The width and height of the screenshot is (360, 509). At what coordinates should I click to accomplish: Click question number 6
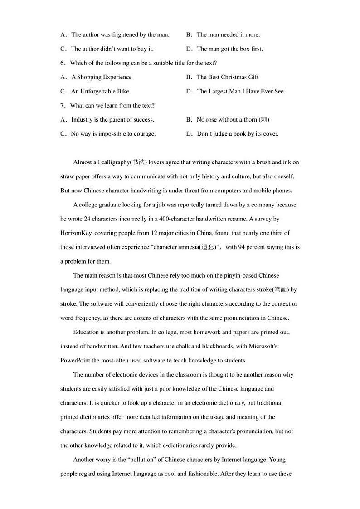click(x=63, y=63)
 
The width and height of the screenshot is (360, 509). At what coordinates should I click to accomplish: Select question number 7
click(x=63, y=106)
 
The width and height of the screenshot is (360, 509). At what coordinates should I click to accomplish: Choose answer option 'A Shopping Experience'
click(x=102, y=77)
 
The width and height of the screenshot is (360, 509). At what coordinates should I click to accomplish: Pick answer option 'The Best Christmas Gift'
click(x=228, y=77)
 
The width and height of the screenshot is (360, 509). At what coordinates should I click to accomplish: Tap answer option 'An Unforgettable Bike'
click(x=100, y=91)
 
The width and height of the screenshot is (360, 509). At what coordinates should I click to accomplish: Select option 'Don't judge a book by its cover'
click(x=238, y=134)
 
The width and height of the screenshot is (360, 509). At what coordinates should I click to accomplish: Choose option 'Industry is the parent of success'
click(x=112, y=120)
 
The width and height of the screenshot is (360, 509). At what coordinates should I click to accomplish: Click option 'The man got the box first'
click(x=229, y=49)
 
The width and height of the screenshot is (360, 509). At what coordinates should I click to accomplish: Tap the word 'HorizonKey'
click(x=76, y=233)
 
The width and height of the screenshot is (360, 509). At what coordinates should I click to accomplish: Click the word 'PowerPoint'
click(x=76, y=361)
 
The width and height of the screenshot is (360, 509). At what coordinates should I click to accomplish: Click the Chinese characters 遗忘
click(x=208, y=247)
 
